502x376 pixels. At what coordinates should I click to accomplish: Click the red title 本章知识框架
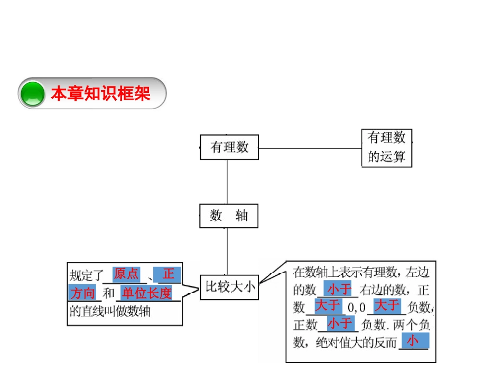tap(100, 94)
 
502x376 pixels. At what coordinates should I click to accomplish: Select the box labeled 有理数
tap(229, 147)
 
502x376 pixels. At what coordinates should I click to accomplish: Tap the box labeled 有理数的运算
tap(387, 148)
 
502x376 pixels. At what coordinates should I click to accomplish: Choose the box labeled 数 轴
tap(229, 216)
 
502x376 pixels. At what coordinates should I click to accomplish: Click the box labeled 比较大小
tap(229, 287)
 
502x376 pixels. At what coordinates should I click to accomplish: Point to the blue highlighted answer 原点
tap(126, 274)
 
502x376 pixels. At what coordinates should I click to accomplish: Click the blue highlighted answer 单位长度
tap(146, 293)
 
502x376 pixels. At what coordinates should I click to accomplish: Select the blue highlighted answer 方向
tap(83, 293)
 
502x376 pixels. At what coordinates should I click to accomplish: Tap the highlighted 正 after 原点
tap(169, 274)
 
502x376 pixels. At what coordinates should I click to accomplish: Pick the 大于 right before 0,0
tap(328, 305)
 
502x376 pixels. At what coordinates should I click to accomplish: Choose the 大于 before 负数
tap(387, 305)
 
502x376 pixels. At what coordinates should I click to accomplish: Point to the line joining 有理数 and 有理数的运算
tap(310, 148)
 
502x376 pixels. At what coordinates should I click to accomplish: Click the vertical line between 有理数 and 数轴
tap(227, 182)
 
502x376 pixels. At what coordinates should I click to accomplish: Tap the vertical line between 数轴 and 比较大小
tap(227, 251)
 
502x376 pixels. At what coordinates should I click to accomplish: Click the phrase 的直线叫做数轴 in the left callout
tap(110, 311)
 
